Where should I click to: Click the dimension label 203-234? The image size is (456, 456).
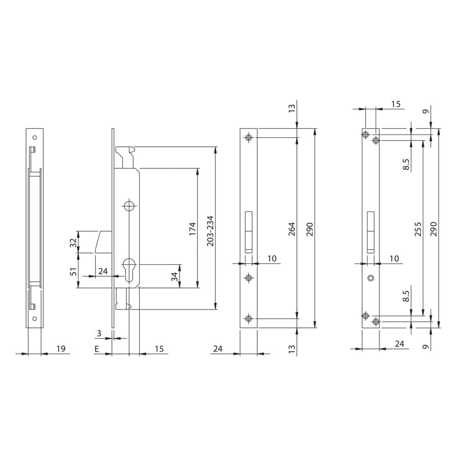210,231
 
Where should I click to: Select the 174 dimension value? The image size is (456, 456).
192,229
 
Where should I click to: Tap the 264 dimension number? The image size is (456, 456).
292,229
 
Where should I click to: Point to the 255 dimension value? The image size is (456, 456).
418,229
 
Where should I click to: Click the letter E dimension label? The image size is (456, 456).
97,349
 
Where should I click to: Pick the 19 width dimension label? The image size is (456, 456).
61,348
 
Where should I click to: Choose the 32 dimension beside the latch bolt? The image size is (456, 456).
73,242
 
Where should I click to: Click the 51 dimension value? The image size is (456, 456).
74,271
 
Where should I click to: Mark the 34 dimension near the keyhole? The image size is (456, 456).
174,276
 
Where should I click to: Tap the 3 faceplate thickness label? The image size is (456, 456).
99,333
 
